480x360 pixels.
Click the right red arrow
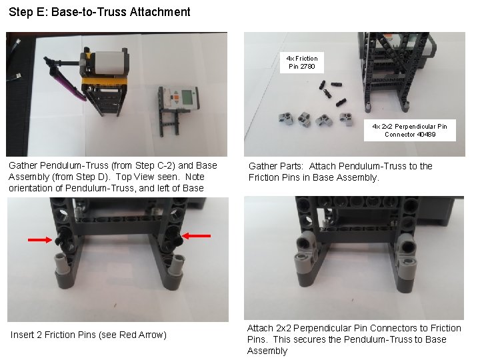197,235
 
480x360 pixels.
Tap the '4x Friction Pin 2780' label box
302,62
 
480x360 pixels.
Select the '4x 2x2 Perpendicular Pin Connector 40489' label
410,130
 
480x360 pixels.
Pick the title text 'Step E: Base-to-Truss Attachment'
99,12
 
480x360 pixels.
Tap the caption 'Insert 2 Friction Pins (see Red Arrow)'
89,335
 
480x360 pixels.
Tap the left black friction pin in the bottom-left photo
63,238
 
